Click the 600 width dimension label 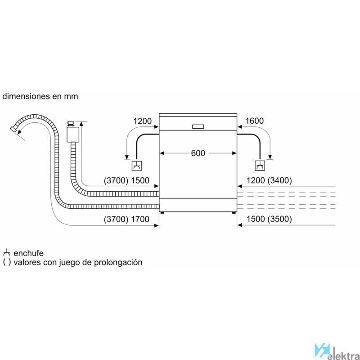(198, 153)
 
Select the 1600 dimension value (254, 121)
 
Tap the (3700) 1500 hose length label (126, 180)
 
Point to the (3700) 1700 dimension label (126, 219)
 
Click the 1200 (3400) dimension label (269, 180)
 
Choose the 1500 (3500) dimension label (269, 219)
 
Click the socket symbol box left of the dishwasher (137, 166)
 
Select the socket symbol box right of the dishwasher (260, 166)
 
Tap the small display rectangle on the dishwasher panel (198, 126)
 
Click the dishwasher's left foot (162, 212)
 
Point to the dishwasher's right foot (234, 212)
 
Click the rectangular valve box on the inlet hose (73, 135)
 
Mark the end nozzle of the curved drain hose (14, 129)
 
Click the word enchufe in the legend (28, 253)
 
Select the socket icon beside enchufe (6, 252)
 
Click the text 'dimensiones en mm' (40, 96)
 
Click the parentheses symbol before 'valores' (7, 262)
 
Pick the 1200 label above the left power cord (142, 121)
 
